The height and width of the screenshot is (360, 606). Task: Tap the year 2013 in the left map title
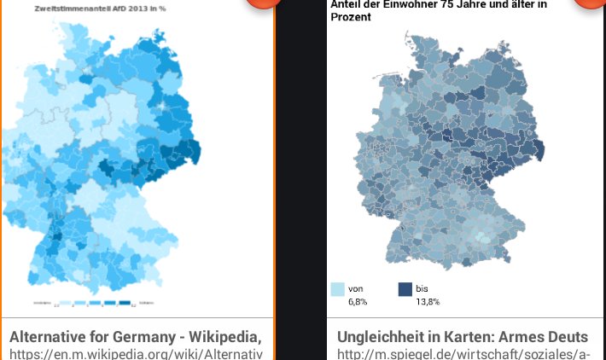click(137, 9)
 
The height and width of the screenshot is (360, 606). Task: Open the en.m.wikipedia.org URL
click(137, 353)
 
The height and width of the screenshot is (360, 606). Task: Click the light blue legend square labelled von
click(337, 290)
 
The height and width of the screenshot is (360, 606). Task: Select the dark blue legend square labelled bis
click(405, 290)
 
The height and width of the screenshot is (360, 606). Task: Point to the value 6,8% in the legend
click(358, 302)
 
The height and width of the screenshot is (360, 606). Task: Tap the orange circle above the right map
click(589, 3)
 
